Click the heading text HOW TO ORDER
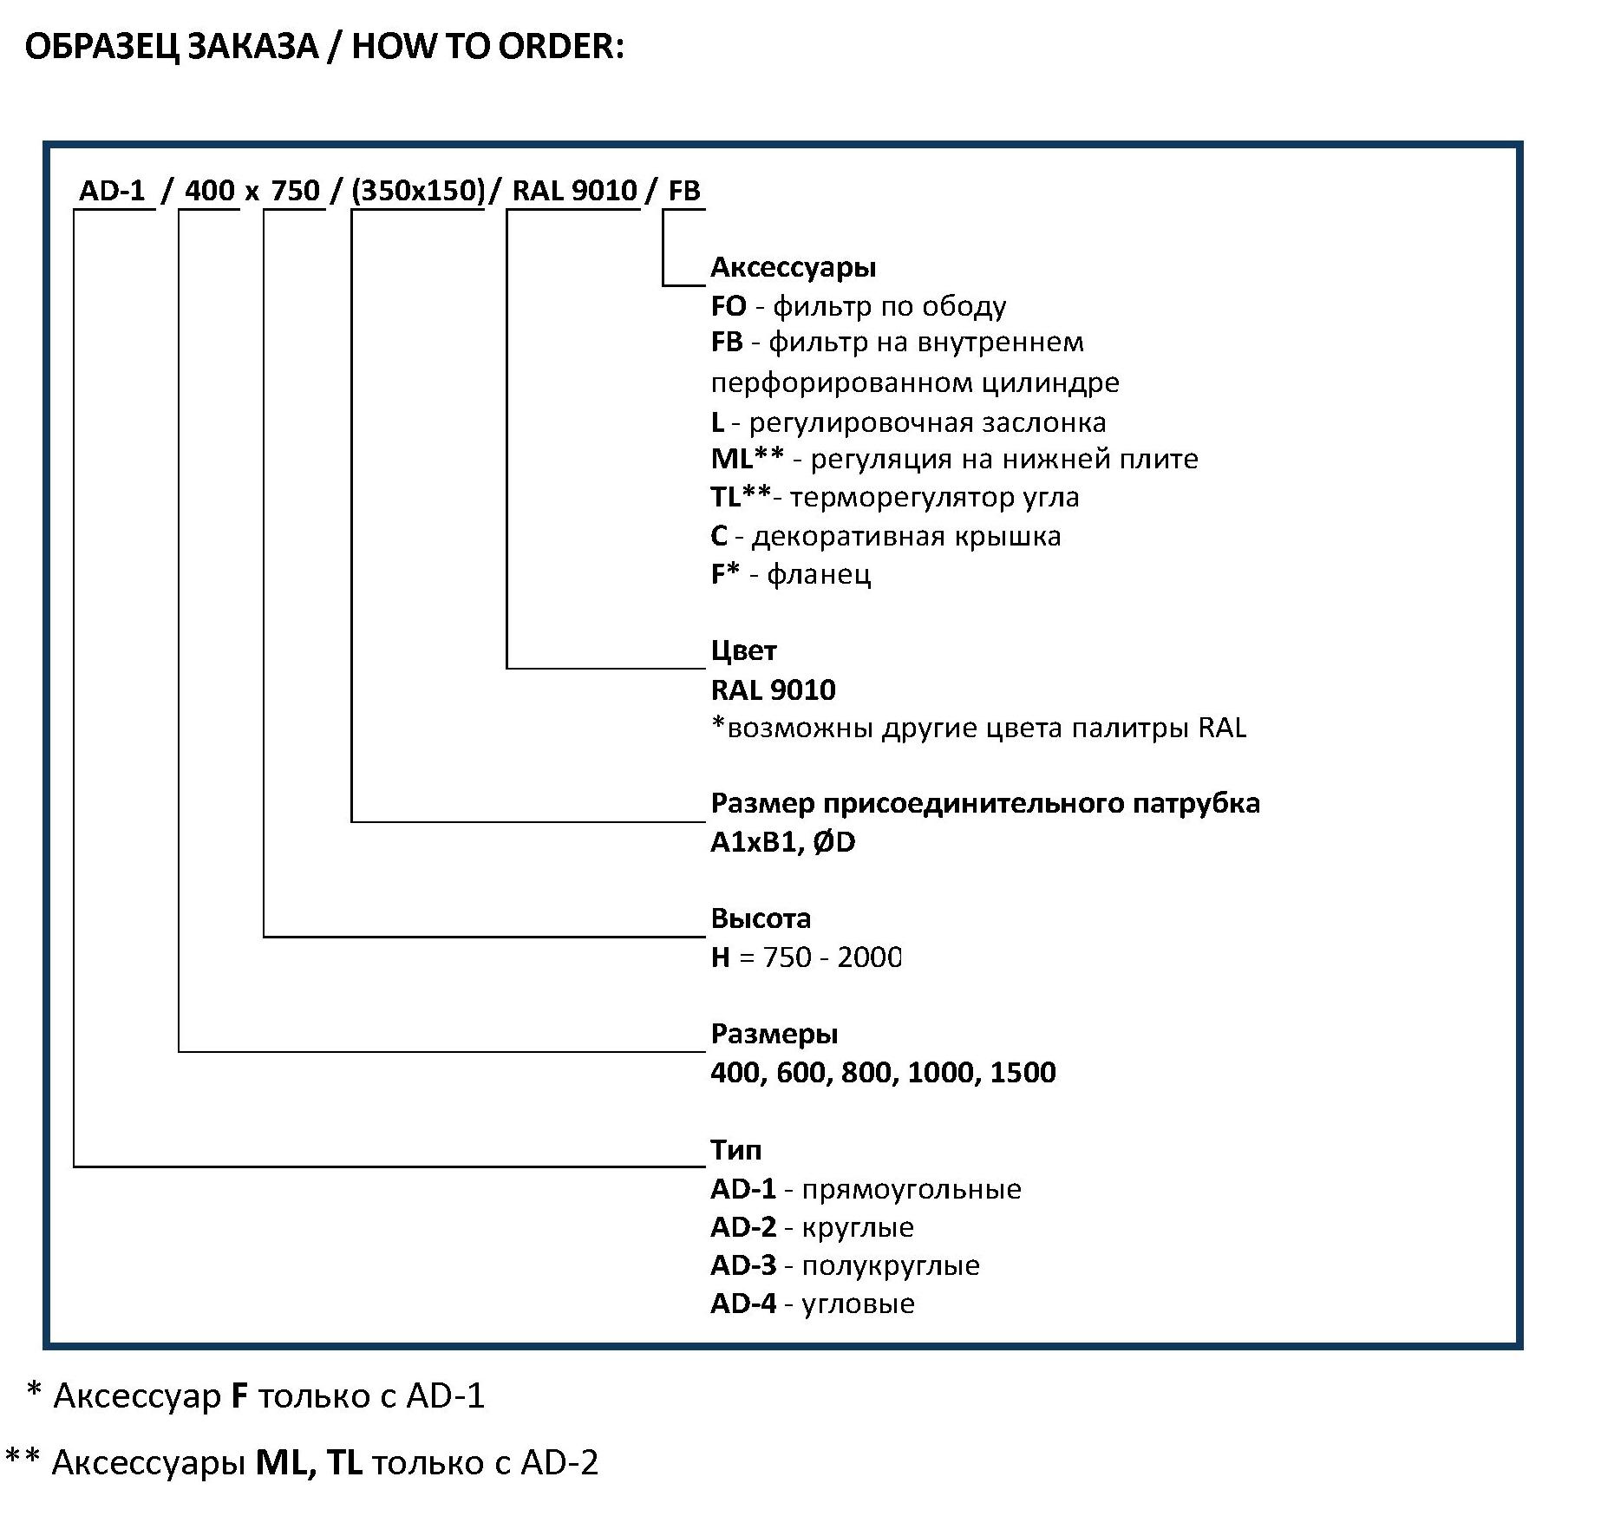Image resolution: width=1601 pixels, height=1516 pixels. point(487,47)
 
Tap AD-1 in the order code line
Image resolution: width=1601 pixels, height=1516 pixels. point(112,190)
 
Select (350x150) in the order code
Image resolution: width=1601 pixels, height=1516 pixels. point(418,191)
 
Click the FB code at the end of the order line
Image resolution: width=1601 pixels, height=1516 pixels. point(684,190)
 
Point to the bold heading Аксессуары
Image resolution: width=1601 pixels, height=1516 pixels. point(793,267)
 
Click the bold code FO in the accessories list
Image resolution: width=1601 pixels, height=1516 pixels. point(728,306)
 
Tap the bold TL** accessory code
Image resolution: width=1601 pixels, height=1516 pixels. point(741,497)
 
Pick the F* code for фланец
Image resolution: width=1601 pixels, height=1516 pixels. point(725,573)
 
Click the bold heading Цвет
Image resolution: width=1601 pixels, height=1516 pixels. point(743,650)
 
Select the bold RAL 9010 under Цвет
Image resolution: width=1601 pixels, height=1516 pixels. point(773,689)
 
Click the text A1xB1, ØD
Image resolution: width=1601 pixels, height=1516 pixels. point(782,842)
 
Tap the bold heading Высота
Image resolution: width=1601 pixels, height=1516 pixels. point(761,918)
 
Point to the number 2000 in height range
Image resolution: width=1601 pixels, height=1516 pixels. point(869,957)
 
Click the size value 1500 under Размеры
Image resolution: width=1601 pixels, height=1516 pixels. point(1023,1072)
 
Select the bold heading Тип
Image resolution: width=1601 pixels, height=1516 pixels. point(735,1149)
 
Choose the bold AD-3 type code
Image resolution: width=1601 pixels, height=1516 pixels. point(743,1265)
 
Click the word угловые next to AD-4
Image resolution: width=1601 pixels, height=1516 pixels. point(858,1304)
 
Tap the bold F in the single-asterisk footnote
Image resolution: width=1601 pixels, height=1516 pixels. point(240,1395)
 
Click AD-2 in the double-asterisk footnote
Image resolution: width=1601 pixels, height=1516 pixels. point(559,1463)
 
